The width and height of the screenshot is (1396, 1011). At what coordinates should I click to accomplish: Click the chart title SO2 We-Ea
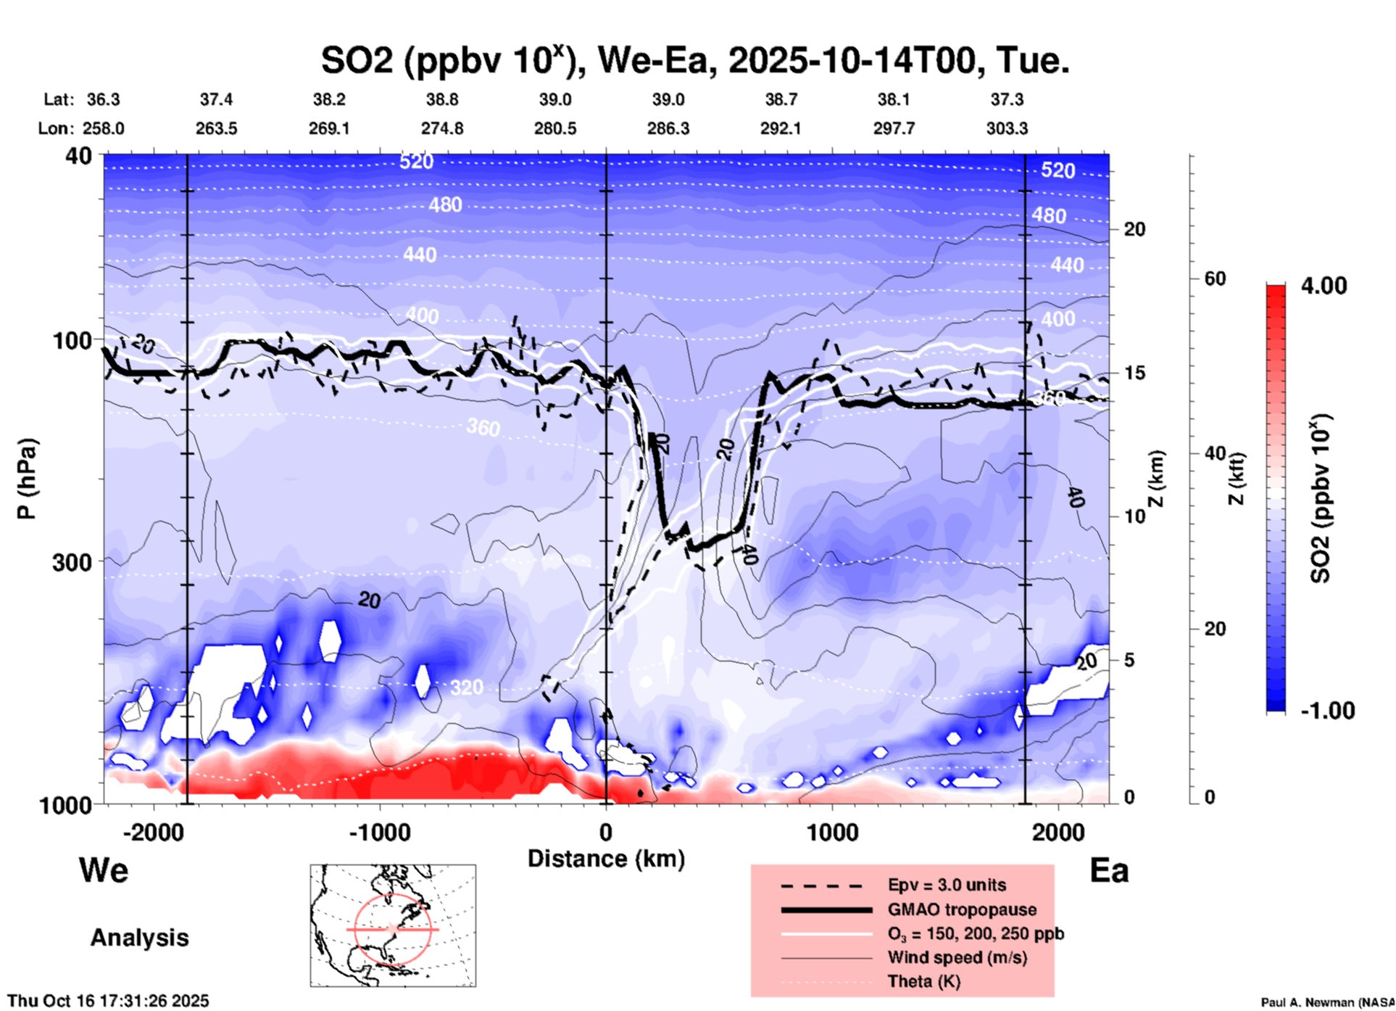point(694,61)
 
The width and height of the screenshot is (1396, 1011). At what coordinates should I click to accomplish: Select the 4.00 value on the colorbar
point(1324,286)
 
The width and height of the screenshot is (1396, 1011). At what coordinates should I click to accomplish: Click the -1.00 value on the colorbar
point(1327,711)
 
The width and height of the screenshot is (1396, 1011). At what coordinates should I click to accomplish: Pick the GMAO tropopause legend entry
point(961,909)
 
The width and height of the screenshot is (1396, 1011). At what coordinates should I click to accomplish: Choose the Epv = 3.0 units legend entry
point(946,885)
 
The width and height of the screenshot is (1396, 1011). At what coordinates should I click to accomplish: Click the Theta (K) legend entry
point(923,981)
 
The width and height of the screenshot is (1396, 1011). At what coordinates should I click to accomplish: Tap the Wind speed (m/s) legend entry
point(956,957)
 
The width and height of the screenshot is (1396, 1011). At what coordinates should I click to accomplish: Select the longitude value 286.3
point(668,128)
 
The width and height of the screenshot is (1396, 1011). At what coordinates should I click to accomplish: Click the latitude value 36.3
point(103,99)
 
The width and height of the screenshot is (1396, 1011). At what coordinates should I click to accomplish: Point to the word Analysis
point(139,938)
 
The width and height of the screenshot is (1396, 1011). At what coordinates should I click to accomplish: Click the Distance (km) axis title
point(606,859)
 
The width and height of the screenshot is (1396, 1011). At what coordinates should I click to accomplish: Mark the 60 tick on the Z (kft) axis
point(1214,278)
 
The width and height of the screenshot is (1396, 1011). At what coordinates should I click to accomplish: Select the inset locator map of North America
point(393,925)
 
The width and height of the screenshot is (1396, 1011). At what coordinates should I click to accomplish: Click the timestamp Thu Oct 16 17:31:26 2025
point(108,1001)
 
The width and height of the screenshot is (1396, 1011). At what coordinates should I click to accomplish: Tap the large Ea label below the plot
point(1108,870)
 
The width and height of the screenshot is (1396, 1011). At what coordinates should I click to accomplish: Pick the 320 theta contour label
point(466,687)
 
